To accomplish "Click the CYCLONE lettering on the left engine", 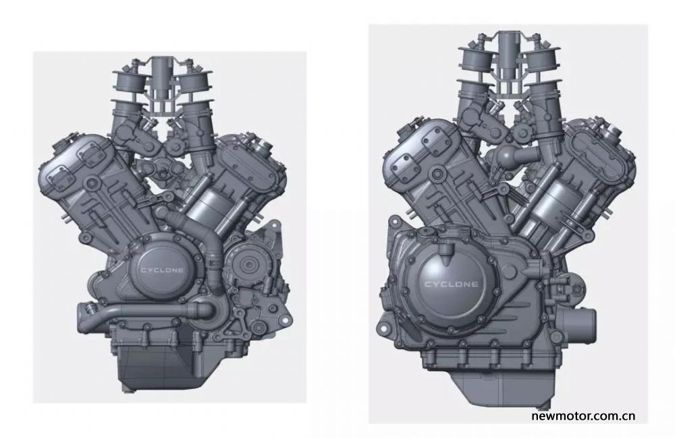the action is coord(162,270).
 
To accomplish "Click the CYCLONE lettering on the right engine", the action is coord(451,284).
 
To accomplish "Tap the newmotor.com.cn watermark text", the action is coord(583,416).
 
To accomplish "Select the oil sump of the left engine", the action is coord(156,364).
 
